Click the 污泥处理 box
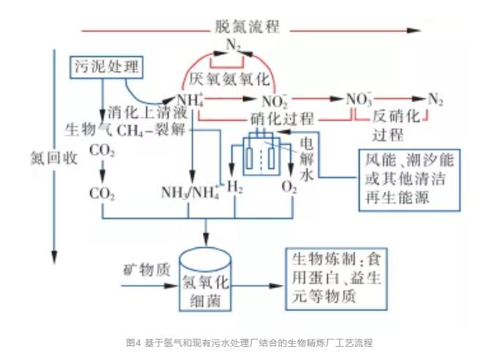tap(105, 66)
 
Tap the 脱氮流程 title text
tap(247, 28)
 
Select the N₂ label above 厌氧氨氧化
tap(233, 45)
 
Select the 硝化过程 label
tap(282, 119)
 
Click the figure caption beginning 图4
tap(245, 342)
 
